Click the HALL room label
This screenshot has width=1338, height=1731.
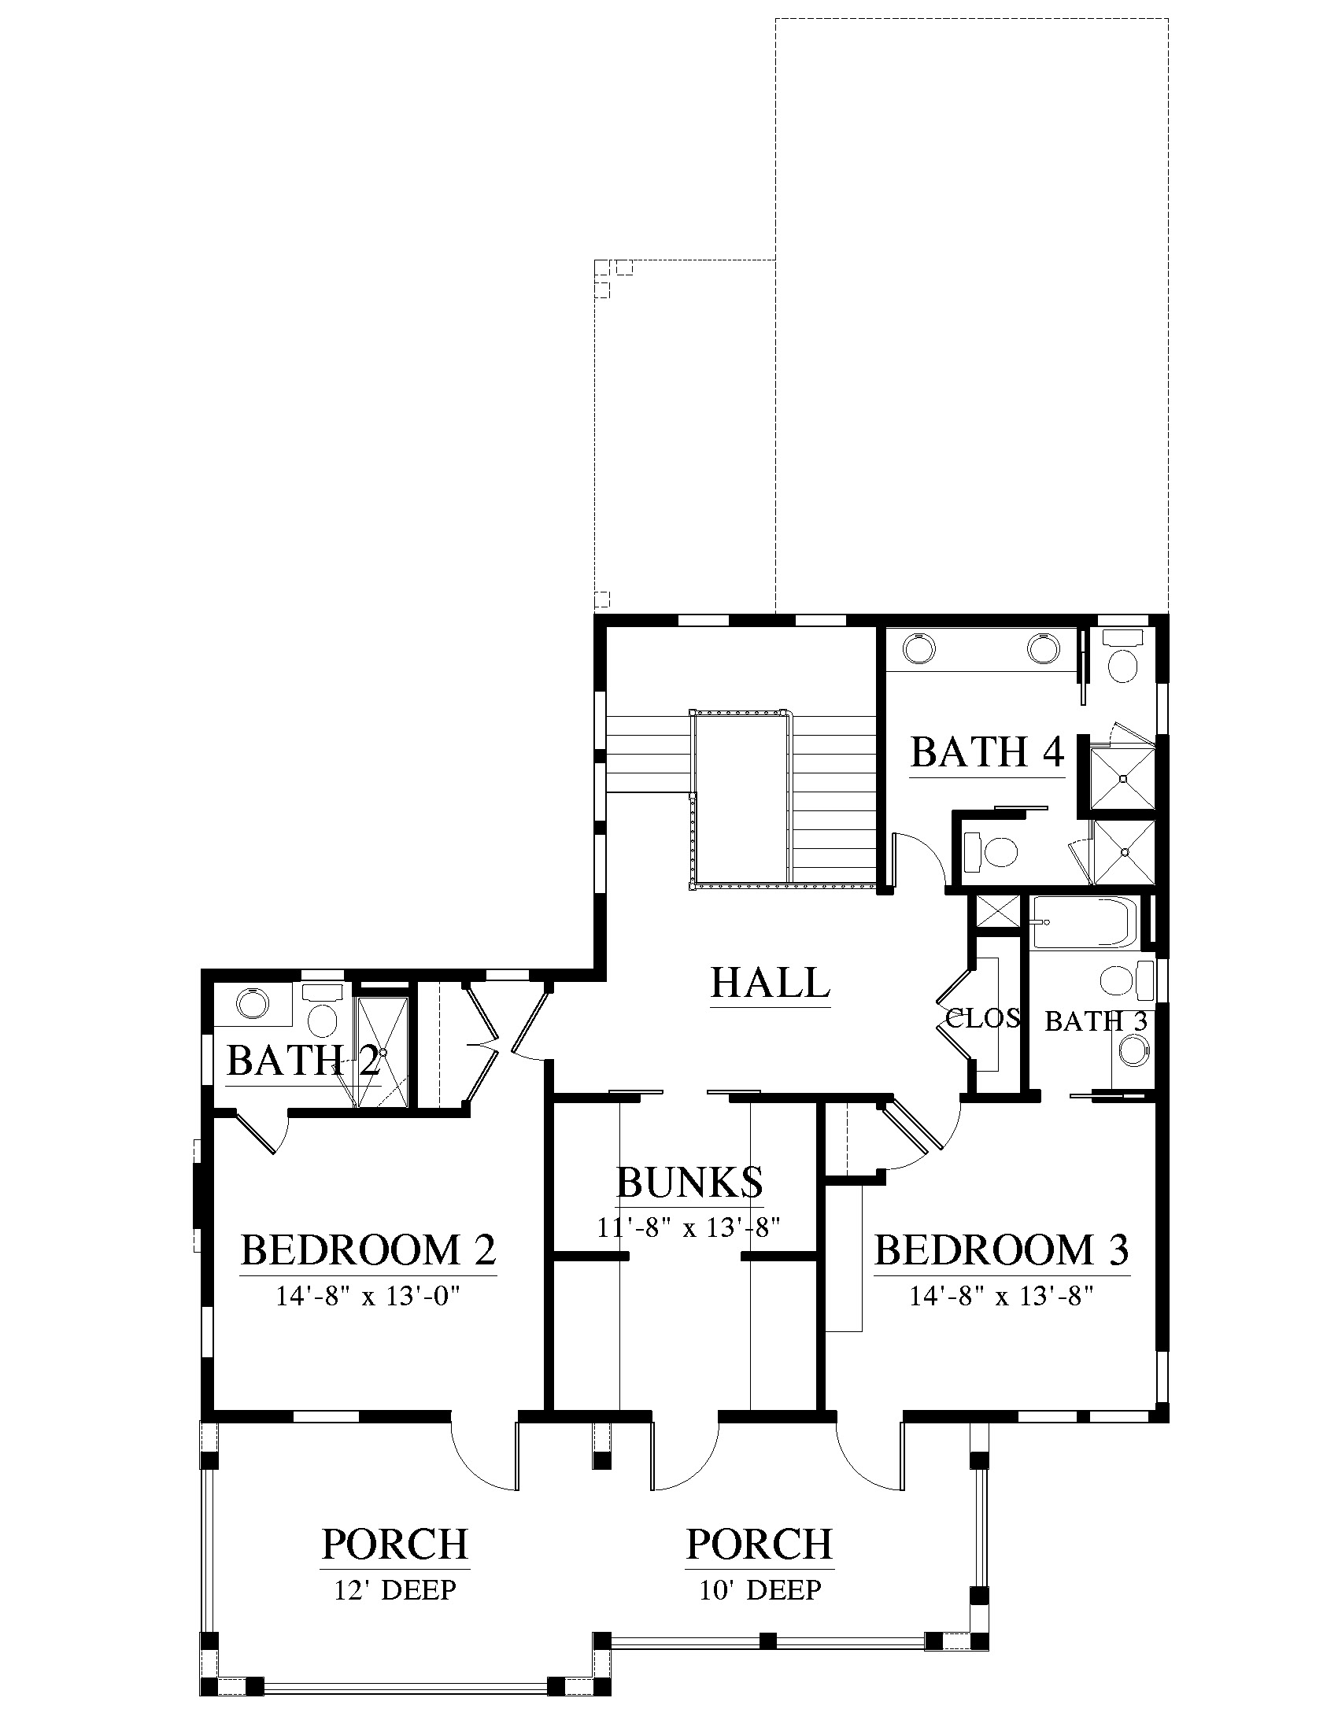click(770, 983)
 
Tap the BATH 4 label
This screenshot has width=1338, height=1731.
click(987, 752)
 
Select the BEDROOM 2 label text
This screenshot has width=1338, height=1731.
click(368, 1250)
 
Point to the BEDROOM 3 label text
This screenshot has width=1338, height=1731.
click(1001, 1250)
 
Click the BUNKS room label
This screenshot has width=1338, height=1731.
click(689, 1183)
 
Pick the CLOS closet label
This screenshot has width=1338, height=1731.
click(983, 1017)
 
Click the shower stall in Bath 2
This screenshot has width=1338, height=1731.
click(383, 1052)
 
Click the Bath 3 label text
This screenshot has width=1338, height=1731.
click(1096, 1021)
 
